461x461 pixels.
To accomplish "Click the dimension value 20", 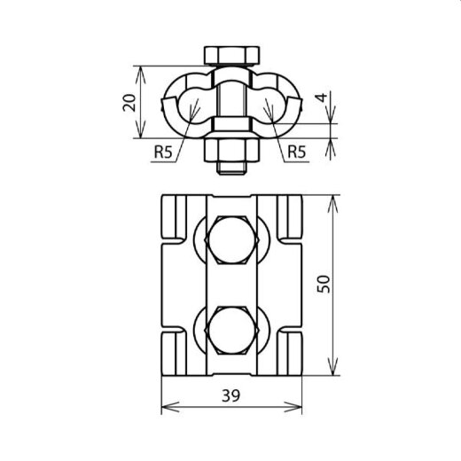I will pos(129,102).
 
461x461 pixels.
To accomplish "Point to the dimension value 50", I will pos(325,285).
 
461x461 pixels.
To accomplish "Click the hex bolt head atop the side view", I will pos(230,56).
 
